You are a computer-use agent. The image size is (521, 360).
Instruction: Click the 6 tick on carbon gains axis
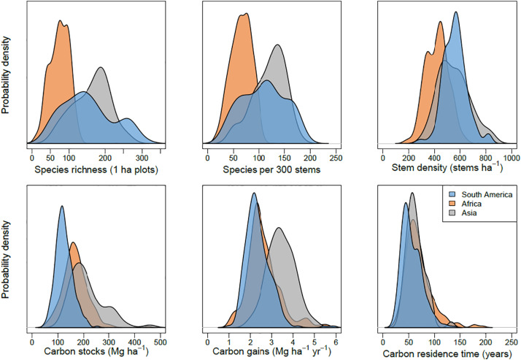[336, 340]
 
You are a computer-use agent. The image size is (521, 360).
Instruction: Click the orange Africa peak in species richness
[59, 20]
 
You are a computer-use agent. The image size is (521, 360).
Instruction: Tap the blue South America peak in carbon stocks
[82, 207]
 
